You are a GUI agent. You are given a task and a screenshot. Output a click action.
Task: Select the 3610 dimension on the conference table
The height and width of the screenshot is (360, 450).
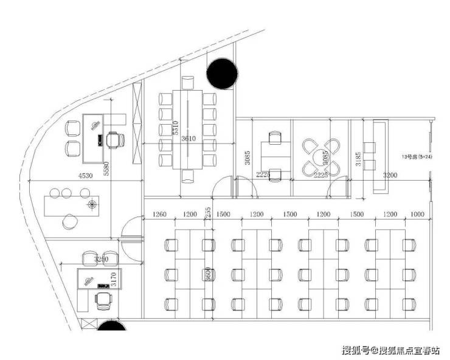(189, 139)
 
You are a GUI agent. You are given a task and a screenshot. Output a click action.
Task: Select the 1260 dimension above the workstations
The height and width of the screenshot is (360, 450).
(159, 215)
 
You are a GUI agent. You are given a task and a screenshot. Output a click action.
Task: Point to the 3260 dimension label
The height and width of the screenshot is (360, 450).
(101, 260)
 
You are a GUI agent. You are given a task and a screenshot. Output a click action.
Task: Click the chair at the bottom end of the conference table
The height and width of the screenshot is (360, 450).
(189, 176)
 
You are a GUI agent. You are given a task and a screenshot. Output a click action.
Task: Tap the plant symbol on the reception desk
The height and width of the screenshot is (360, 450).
(92, 204)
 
